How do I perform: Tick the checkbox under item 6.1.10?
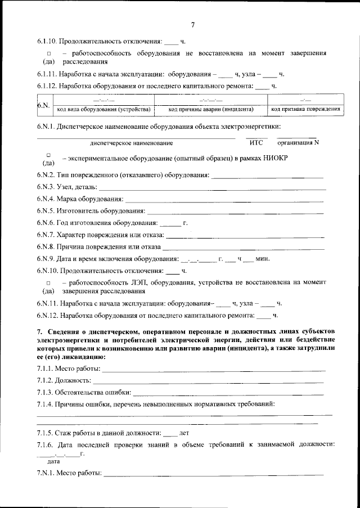point(49,53)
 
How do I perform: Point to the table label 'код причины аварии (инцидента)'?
point(211,109)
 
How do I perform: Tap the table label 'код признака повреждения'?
point(305,109)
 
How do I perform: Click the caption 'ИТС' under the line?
point(256,143)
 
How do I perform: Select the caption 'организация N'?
point(300,143)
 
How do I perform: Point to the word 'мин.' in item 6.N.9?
point(263,259)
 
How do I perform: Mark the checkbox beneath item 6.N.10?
point(49,282)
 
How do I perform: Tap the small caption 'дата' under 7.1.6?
point(54,461)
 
